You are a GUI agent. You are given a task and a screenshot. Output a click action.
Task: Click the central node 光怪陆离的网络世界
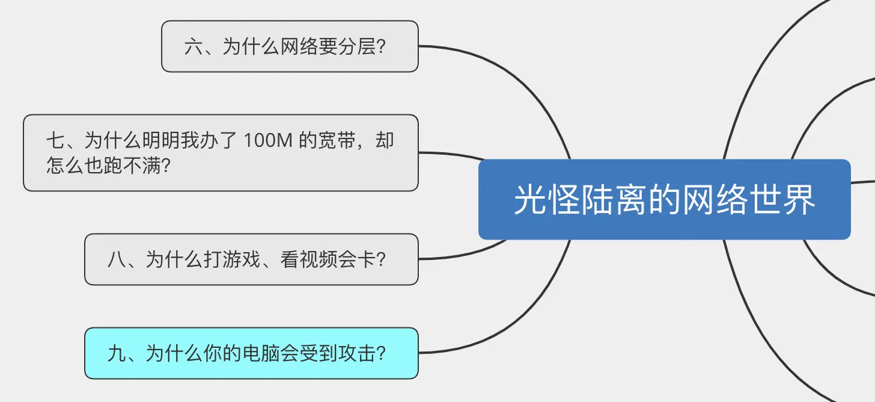coord(664,200)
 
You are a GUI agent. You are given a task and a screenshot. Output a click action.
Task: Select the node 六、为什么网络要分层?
coord(290,46)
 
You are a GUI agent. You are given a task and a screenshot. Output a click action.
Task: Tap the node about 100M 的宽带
coord(221,153)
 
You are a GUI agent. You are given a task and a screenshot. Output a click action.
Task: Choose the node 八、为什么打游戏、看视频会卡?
coord(251,259)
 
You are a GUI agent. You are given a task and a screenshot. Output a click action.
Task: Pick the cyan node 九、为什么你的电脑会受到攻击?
coord(251,353)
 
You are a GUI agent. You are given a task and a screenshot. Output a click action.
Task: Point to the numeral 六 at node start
coord(194,46)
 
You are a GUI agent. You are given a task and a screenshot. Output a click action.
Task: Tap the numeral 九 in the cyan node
coord(117,353)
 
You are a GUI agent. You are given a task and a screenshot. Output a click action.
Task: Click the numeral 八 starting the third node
coord(117,259)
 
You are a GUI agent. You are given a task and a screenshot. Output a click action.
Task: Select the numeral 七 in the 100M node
coord(55,141)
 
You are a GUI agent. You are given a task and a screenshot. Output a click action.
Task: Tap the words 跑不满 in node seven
coord(132,164)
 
